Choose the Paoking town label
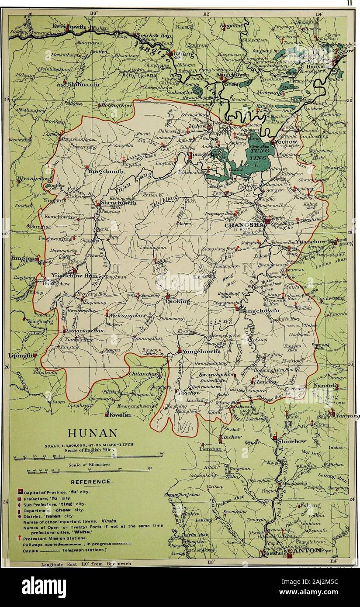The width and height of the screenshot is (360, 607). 178,301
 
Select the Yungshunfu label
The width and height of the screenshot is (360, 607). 107,172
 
